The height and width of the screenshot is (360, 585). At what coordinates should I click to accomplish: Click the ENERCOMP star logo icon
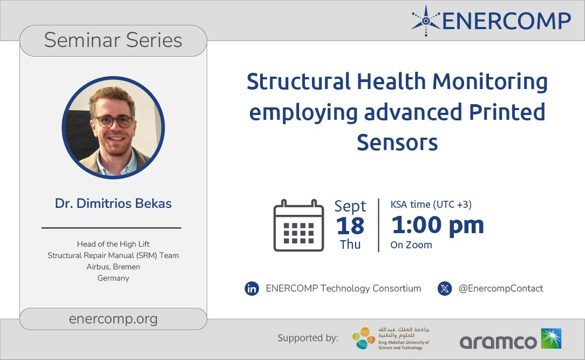coord(425,21)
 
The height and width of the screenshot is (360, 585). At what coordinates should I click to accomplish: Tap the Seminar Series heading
coord(113,40)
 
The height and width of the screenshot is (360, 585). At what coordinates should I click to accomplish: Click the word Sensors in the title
coord(397,142)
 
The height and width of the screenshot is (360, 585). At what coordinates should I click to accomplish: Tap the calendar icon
coord(298,225)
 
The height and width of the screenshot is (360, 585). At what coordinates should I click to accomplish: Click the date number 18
coord(350,226)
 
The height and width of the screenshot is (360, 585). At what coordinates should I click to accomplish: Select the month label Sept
coord(350,206)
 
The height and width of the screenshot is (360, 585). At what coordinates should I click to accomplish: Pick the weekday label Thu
coord(350,244)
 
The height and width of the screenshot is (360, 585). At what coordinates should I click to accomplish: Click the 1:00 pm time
coord(437,225)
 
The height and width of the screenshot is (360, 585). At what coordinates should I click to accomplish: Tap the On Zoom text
coord(411,245)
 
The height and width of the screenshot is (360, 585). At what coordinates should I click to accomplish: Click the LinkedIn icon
coord(252,289)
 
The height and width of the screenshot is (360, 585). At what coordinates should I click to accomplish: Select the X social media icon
coord(445,289)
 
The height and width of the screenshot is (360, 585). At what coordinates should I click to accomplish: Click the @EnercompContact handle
coord(500,289)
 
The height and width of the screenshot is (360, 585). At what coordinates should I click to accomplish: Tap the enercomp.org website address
coord(113,318)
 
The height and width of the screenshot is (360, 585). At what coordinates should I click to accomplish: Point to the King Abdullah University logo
coord(390,338)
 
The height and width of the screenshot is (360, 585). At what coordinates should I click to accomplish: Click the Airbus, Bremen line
coord(113,267)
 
